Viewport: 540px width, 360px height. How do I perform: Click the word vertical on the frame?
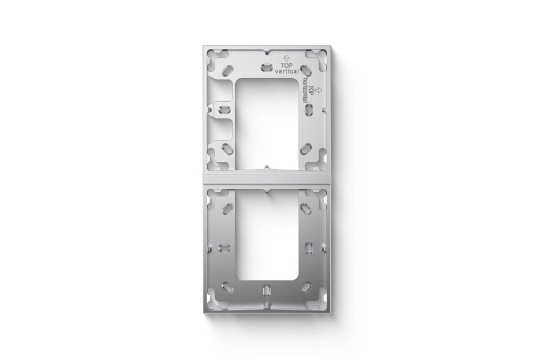tap(286, 72)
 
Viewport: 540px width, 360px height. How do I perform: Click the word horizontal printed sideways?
tap(305, 90)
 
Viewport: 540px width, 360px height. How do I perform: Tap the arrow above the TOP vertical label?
tap(286, 58)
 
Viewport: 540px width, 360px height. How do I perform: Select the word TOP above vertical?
tap(286, 66)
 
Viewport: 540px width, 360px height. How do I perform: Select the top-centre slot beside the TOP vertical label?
tap(266, 67)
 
